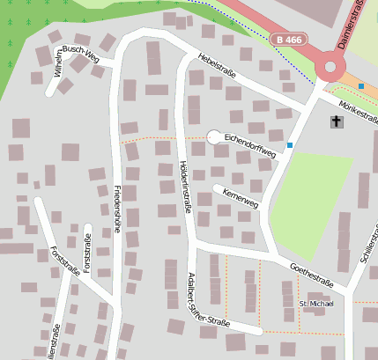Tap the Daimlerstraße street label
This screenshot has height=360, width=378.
(352, 25)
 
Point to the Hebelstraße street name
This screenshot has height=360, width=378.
(220, 62)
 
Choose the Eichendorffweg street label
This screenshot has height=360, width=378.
(250, 146)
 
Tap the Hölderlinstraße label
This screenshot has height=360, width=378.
(185, 187)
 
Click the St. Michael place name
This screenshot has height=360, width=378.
(316, 304)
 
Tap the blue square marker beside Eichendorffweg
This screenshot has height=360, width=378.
(290, 144)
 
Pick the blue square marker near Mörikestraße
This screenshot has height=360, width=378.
(361, 86)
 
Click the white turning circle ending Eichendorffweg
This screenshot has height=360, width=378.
(213, 136)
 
